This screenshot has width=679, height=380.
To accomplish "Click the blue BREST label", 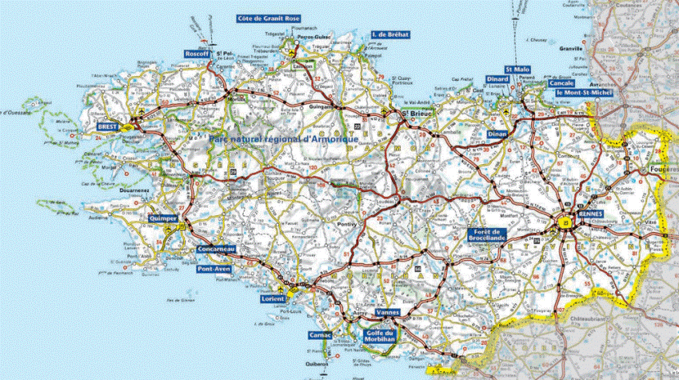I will [108, 127].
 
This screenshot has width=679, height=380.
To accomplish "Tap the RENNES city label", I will [590, 213].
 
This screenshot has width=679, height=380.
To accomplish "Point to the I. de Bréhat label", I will [390, 35].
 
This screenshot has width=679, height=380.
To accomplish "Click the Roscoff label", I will [198, 54].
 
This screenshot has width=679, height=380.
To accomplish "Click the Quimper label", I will [164, 218].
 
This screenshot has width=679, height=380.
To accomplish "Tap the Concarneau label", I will [217, 249].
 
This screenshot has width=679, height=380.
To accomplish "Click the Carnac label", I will [320, 336].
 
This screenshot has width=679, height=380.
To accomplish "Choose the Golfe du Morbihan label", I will [379, 336].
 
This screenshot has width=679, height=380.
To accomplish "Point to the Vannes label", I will [387, 313].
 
